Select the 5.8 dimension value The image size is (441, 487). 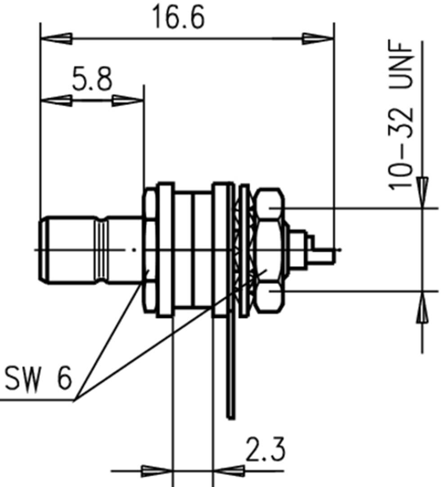point(92,80)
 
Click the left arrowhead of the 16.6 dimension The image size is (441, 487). point(56,39)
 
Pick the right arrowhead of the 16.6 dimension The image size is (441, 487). point(318,39)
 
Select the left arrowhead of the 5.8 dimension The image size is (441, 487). point(56,100)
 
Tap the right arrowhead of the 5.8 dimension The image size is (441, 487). point(128,100)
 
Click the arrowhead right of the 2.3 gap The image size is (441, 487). point(228,471)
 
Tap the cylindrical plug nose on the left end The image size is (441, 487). point(67,250)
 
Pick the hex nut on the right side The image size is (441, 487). point(269,250)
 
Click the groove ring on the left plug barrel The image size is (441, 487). point(102,250)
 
